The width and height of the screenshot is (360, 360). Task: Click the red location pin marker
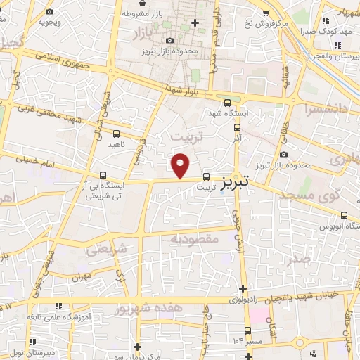(181, 165)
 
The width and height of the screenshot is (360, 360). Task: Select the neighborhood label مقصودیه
(195, 240)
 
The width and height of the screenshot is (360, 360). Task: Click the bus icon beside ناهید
(116, 133)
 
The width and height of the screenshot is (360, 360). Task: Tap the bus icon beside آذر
(237, 128)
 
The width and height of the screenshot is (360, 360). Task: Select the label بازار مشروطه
(148, 13)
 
